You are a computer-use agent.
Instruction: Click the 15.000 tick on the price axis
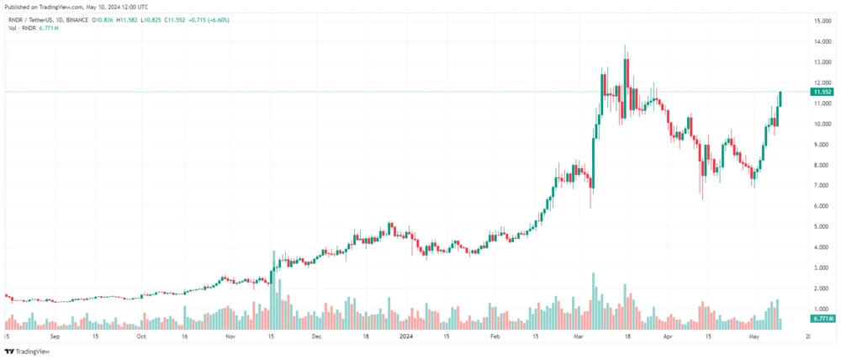822,20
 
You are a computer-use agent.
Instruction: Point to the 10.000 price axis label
822,124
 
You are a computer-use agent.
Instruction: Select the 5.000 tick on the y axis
822,227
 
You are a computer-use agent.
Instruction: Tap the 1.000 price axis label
822,309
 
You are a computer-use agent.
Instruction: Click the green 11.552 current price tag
822,92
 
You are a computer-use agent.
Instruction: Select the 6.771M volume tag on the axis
822,320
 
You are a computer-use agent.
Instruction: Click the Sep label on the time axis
56,336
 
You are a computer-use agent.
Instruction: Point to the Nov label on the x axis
230,336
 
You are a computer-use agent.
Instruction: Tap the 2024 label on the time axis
406,336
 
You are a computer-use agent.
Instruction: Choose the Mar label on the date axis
579,336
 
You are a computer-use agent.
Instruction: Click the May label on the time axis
754,336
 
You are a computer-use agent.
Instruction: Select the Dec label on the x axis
317,336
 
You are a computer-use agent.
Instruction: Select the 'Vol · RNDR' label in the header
20,28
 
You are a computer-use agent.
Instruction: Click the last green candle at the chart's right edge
780,99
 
